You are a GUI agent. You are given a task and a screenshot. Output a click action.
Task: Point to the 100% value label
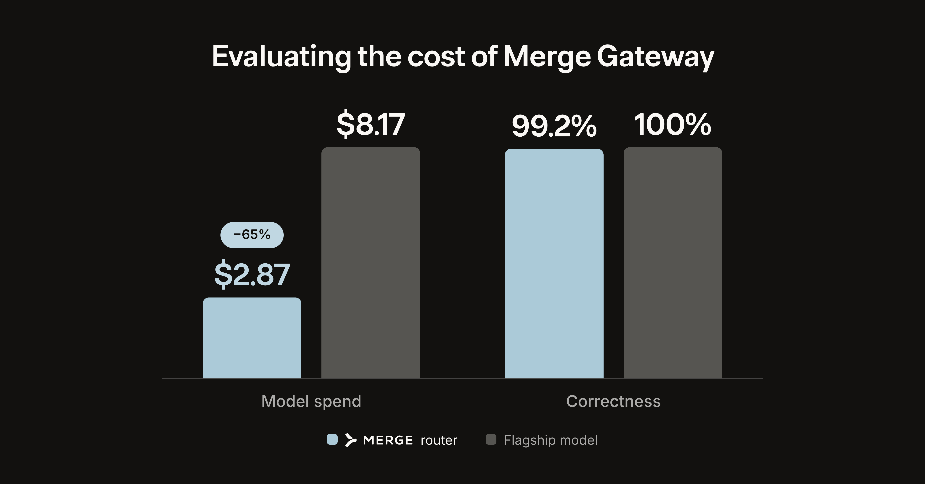click(x=673, y=125)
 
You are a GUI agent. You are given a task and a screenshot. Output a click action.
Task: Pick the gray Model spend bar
click(x=371, y=263)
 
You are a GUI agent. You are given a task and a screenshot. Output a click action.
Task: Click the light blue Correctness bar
click(x=554, y=264)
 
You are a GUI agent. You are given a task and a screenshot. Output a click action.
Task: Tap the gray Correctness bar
click(x=673, y=263)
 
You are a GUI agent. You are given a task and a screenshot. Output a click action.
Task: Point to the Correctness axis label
click(x=613, y=401)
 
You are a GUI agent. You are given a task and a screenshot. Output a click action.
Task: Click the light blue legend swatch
click(x=332, y=439)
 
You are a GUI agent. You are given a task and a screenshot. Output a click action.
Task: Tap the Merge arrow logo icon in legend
click(x=351, y=440)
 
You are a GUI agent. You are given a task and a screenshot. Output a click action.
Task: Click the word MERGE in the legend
click(x=388, y=440)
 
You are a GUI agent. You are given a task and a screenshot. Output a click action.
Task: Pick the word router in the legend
click(x=439, y=440)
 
